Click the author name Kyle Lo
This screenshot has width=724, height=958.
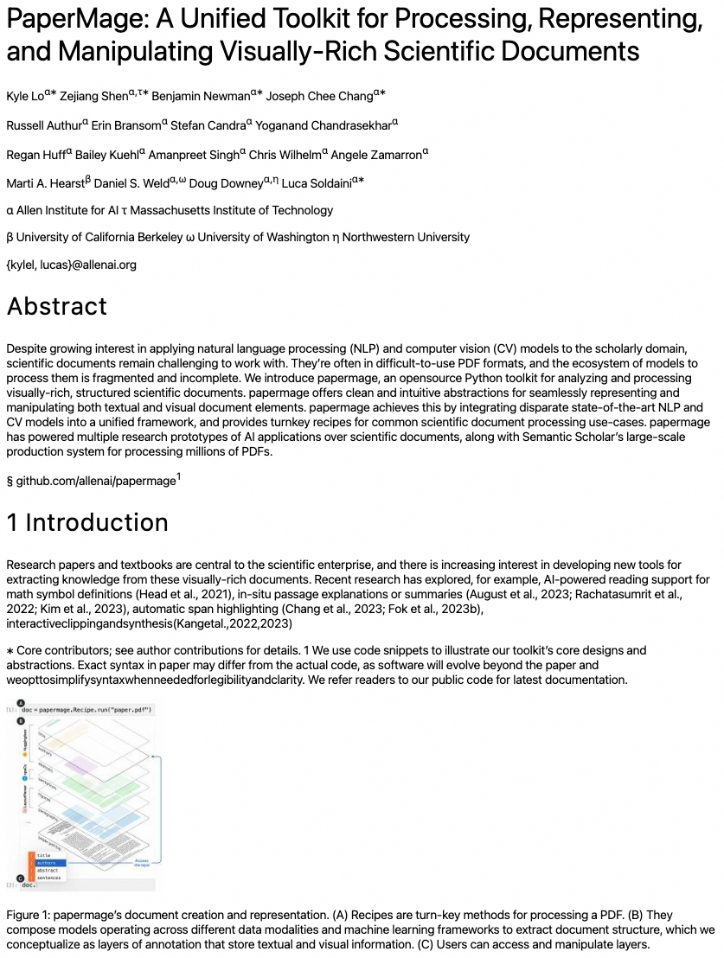[x=25, y=96]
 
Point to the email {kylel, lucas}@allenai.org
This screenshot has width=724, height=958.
[x=71, y=265]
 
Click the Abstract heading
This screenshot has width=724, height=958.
[x=57, y=307]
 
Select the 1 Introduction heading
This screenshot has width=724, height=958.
[x=87, y=522]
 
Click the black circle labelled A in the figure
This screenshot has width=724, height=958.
[x=21, y=703]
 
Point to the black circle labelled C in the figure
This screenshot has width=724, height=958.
[x=21, y=878]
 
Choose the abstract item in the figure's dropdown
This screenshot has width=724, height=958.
[x=48, y=870]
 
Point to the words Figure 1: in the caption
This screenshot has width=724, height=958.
[x=28, y=915]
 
